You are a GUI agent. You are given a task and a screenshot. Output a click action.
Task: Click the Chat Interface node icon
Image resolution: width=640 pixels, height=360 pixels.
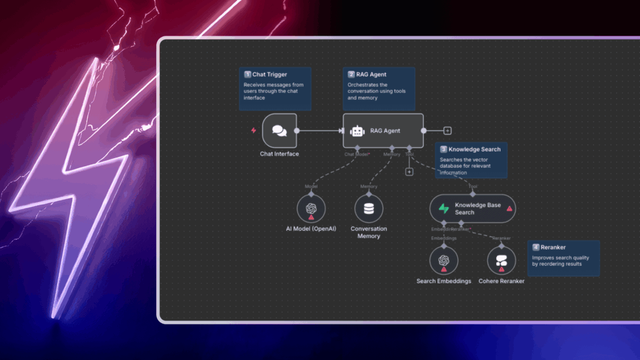pyautogui.click(x=279, y=131)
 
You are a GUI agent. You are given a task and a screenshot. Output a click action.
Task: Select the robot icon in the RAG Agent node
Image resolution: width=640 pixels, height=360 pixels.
pyautogui.click(x=357, y=131)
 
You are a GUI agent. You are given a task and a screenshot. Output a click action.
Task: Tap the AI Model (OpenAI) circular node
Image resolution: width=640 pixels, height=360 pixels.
pyautogui.click(x=311, y=209)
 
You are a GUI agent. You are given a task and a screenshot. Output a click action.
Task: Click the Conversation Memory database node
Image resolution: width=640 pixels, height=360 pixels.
pyautogui.click(x=369, y=209)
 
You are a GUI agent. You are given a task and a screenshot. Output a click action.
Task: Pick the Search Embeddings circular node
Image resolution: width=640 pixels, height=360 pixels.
pyautogui.click(x=444, y=261)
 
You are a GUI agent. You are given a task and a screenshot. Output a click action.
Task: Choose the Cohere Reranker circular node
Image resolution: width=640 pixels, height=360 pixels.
pyautogui.click(x=501, y=261)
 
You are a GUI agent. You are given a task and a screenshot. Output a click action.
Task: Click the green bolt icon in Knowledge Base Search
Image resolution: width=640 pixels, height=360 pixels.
pyautogui.click(x=444, y=209)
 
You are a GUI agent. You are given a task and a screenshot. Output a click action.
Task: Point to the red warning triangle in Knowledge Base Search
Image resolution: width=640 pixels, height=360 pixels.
pyautogui.click(x=509, y=209)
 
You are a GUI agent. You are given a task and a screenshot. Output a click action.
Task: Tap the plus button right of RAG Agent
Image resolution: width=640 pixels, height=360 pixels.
pyautogui.click(x=447, y=131)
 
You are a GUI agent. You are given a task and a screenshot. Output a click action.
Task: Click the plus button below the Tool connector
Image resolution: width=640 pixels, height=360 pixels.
pyautogui.click(x=409, y=171)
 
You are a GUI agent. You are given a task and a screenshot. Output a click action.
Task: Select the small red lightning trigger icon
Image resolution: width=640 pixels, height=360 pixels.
pyautogui.click(x=253, y=131)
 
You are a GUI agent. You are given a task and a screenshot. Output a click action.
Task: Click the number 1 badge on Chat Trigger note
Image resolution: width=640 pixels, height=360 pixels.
pyautogui.click(x=247, y=75)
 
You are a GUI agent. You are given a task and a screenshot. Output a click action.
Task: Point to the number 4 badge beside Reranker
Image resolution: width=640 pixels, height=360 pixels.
pyautogui.click(x=536, y=247)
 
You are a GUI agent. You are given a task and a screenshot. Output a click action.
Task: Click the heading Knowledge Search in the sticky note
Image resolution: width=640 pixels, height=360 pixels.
pyautogui.click(x=474, y=150)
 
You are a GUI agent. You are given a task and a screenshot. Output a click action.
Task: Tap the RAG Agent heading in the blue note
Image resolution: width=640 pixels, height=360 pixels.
pyautogui.click(x=373, y=75)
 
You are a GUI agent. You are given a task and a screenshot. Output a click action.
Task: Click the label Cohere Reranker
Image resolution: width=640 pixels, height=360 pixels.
pyautogui.click(x=501, y=281)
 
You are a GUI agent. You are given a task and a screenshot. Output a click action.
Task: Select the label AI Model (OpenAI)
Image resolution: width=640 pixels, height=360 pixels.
pyautogui.click(x=311, y=229)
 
